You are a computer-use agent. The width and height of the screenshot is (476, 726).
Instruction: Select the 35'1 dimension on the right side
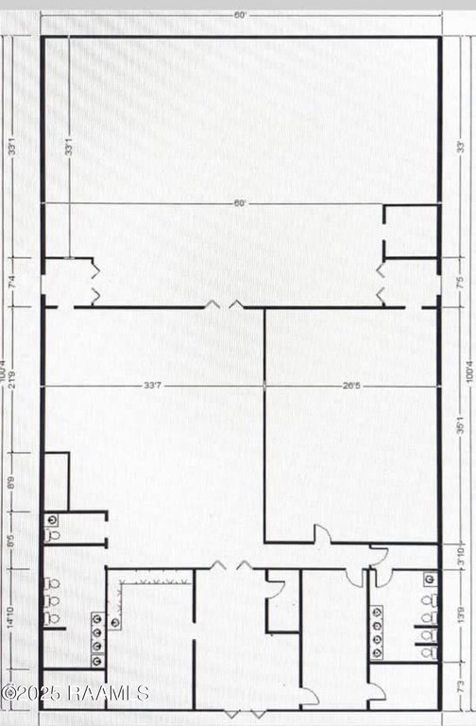(460, 426)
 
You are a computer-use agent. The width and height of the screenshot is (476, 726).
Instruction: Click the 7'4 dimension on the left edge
(12, 281)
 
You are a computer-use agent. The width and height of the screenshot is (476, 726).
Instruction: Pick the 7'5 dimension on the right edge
(460, 281)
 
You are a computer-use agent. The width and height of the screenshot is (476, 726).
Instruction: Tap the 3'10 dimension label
(460, 555)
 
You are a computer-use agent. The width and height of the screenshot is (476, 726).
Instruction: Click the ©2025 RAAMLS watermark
(76, 693)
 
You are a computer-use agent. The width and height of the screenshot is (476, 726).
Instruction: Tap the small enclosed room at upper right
(412, 231)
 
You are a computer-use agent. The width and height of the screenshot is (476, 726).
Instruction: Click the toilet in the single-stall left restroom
(53, 534)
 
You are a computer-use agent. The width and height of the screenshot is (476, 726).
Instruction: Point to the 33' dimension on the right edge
(460, 147)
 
